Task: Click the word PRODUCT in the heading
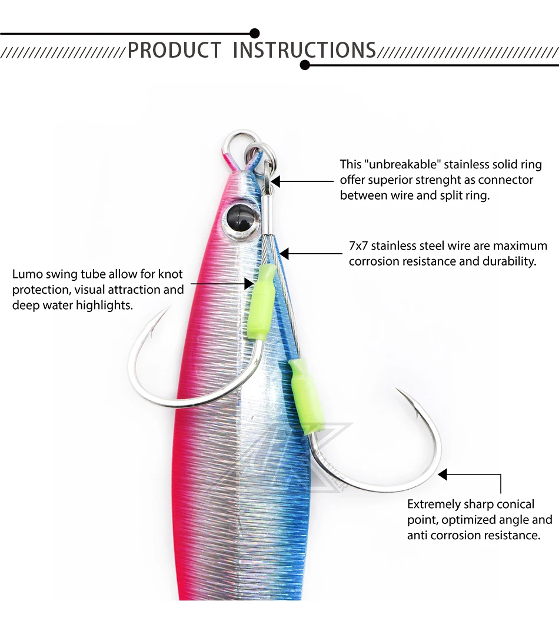click(174, 50)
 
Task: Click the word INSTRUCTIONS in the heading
click(304, 50)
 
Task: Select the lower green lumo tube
click(304, 390)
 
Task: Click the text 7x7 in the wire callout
click(358, 245)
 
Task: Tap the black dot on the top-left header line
click(254, 34)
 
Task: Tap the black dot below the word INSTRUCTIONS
click(305, 65)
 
